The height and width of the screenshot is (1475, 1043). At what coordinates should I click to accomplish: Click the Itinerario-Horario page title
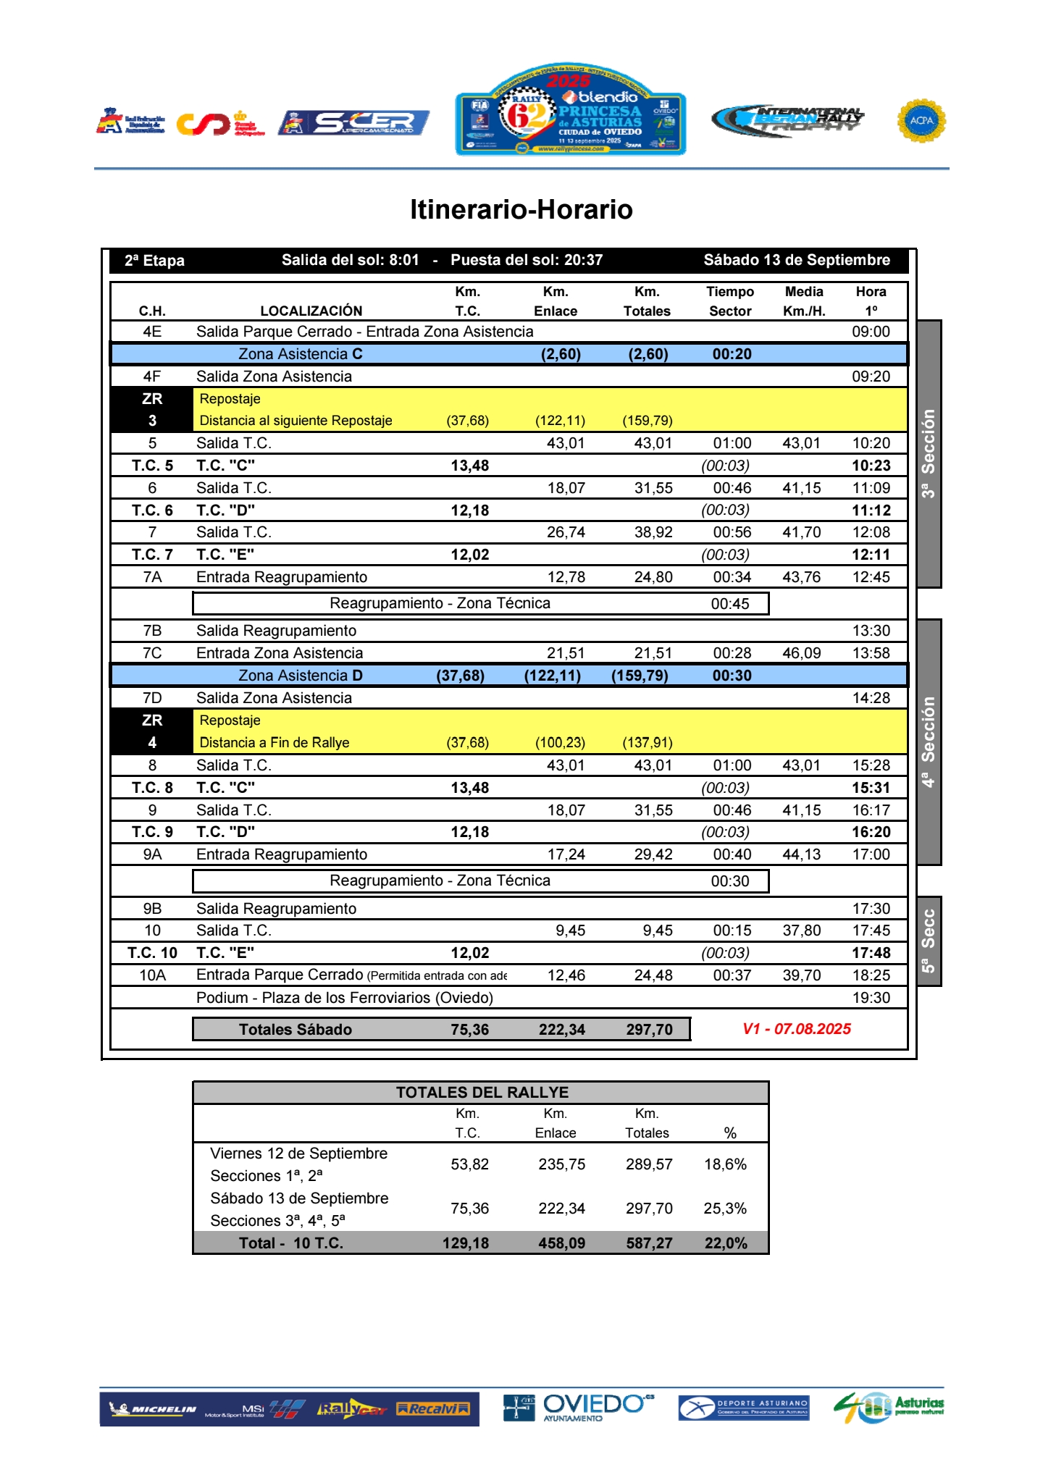(x=521, y=209)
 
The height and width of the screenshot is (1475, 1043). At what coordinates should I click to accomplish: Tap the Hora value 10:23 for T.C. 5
(x=871, y=466)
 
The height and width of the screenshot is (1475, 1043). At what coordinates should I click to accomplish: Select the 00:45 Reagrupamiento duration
(x=729, y=604)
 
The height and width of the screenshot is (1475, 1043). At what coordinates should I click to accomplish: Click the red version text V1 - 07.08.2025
(x=796, y=1029)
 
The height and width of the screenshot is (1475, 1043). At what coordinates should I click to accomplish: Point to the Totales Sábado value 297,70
(x=649, y=1030)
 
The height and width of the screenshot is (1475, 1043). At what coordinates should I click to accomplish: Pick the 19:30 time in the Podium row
(x=871, y=998)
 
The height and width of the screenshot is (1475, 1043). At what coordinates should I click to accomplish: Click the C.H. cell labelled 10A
(x=152, y=975)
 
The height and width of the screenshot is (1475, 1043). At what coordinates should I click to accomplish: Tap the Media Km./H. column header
(x=804, y=301)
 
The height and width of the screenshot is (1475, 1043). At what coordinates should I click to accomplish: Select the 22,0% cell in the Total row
(x=726, y=1243)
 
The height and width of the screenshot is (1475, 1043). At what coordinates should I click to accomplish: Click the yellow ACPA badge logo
(x=921, y=120)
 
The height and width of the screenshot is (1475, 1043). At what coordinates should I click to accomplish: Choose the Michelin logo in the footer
(x=153, y=1409)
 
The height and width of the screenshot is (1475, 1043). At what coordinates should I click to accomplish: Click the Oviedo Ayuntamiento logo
(x=579, y=1408)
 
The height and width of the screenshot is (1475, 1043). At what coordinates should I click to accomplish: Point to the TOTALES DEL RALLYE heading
(x=482, y=1093)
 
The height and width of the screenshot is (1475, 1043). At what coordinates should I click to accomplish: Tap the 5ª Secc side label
(x=929, y=941)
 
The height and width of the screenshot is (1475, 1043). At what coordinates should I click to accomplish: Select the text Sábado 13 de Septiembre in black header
(x=797, y=260)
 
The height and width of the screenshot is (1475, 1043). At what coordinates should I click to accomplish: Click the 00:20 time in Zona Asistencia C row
(x=732, y=354)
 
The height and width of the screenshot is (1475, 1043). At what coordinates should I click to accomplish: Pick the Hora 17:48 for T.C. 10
(x=871, y=953)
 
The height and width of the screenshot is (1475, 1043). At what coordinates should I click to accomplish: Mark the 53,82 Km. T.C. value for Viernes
(x=469, y=1164)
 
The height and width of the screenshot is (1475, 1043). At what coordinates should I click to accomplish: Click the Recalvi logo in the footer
(x=433, y=1409)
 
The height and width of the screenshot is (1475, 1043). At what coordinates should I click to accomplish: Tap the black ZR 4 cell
(x=152, y=731)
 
